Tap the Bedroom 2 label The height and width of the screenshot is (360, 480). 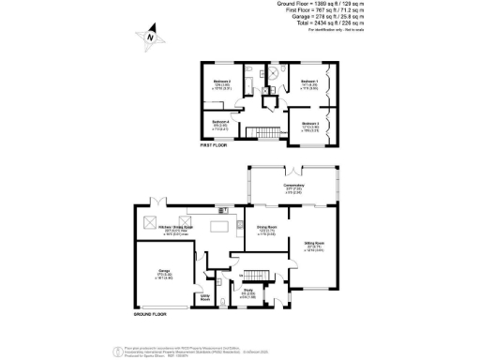(x=222, y=82)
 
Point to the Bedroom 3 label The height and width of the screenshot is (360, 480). (x=310, y=124)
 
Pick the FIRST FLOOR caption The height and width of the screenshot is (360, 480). (x=216, y=147)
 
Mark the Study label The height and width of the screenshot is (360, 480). (x=247, y=292)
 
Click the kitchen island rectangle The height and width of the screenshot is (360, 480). (x=220, y=228)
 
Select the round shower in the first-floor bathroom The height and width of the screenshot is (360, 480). (x=276, y=75)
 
